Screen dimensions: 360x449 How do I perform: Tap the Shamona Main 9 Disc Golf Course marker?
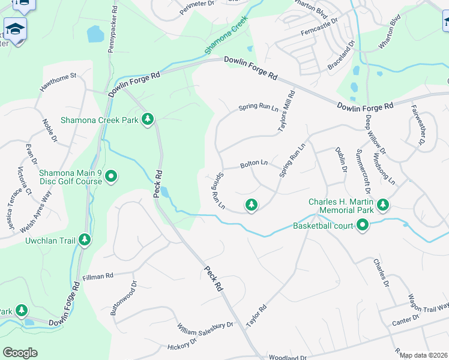pos(110,176)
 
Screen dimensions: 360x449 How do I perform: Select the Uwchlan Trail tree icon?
pos(85,240)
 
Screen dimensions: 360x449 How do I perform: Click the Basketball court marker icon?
pos(363,226)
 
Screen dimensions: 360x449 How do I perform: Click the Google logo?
pos(20,352)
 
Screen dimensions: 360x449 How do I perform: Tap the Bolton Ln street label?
pos(254,163)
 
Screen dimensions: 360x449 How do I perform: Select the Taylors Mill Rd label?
pos(286,112)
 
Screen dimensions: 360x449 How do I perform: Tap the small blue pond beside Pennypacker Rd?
pos(95,34)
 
